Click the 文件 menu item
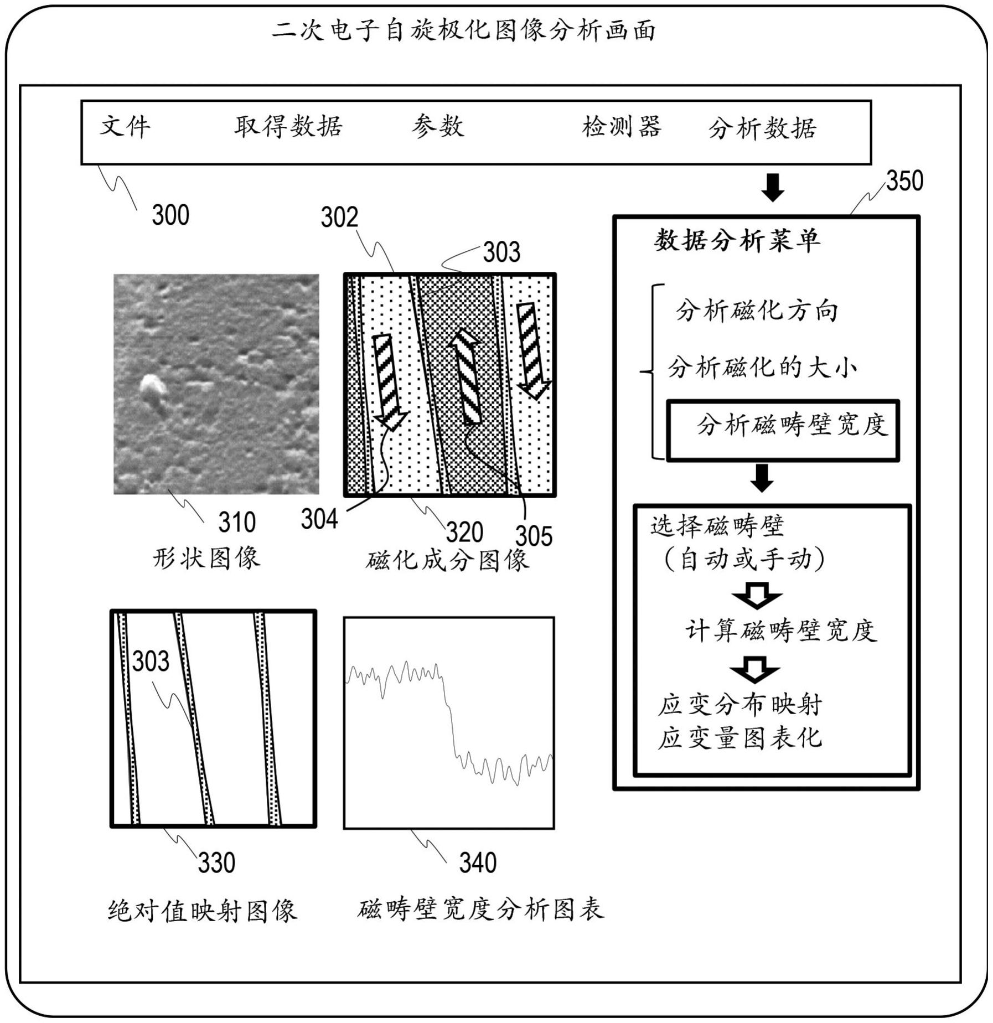(125, 127)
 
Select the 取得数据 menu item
(288, 127)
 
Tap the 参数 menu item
(437, 127)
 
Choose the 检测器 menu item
(622, 127)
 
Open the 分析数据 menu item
(762, 128)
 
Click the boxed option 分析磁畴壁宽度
(783, 430)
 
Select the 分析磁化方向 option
(757, 311)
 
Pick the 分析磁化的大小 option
(762, 368)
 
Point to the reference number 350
(904, 181)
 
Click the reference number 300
(170, 215)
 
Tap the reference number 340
(478, 863)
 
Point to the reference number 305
(534, 536)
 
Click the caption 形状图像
(206, 557)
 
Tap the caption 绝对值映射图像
(203, 911)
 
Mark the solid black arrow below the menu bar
(773, 187)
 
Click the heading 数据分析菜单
(737, 241)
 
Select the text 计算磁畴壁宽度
(781, 631)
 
